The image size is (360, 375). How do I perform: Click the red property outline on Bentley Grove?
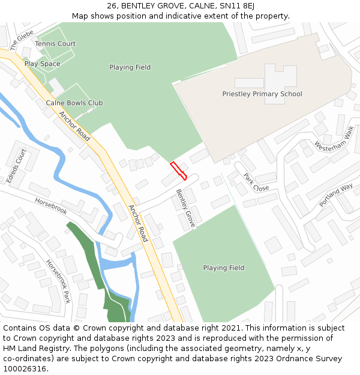178,171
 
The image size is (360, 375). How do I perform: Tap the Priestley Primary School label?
262,94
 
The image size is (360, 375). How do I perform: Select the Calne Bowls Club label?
74,103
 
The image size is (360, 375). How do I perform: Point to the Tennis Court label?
55,44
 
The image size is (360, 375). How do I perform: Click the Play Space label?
42,64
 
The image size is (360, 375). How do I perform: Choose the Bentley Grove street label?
185,208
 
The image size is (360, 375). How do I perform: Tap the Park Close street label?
256,182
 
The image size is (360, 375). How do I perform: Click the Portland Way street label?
336,196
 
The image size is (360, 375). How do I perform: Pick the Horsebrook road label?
50,205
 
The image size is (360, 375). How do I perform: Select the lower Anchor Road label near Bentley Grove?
138,223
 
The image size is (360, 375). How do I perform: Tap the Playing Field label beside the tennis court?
130,68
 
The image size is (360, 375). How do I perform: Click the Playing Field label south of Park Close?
224,268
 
